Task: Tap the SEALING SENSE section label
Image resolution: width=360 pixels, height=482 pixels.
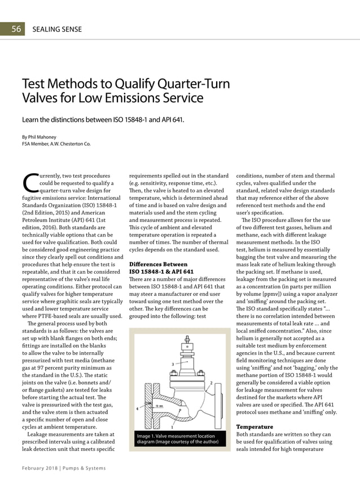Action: [x=57, y=29]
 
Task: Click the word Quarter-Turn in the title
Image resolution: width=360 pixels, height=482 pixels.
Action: [x=192, y=84]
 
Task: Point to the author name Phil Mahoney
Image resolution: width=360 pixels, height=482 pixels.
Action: [x=44, y=137]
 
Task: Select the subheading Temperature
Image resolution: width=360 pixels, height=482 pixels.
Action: [x=254, y=427]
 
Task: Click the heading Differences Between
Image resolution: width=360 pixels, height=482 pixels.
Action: [x=159, y=264]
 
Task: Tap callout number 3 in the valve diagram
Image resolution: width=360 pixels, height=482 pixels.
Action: [x=172, y=364]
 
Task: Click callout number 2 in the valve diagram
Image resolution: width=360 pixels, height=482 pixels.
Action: [x=210, y=383]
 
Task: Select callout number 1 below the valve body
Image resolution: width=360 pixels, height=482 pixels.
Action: [x=172, y=427]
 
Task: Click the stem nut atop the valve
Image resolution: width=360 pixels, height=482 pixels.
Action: [x=186, y=340]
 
